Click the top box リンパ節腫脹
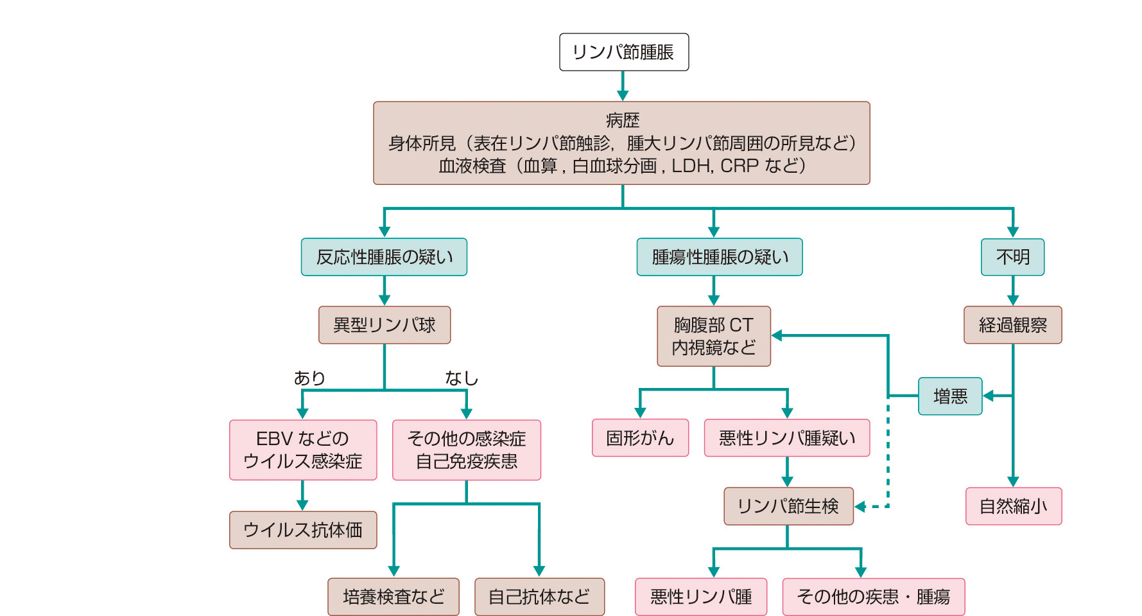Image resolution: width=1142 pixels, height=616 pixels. tap(623, 52)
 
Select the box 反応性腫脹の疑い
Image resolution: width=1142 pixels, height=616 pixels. tap(384, 257)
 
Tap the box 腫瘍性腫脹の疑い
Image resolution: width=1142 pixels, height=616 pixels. tap(719, 257)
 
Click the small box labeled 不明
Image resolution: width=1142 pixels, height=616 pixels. tap(1012, 257)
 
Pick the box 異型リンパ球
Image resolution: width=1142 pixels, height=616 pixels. tap(384, 325)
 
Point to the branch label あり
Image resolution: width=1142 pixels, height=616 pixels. tap(309, 378)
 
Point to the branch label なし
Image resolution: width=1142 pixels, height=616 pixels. tap(462, 378)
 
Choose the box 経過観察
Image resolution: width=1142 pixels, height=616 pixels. tap(1012, 325)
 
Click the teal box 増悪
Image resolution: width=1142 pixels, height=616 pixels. tap(950, 396)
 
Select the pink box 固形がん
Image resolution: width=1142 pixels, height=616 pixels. tap(640, 438)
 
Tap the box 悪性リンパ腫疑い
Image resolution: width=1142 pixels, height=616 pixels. tap(786, 438)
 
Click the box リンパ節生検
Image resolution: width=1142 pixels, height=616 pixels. tap(788, 506)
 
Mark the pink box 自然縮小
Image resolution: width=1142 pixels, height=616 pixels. tap(1013, 506)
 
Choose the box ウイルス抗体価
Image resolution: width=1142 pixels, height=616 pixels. tap(302, 530)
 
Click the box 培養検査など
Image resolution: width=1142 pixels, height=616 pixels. tap(393, 597)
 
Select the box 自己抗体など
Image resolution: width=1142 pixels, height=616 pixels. tap(539, 597)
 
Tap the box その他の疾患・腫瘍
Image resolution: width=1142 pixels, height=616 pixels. tap(873, 597)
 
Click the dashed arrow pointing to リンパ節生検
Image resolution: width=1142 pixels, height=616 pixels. tap(888, 462)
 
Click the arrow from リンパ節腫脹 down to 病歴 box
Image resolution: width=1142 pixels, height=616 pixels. tap(623, 85)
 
